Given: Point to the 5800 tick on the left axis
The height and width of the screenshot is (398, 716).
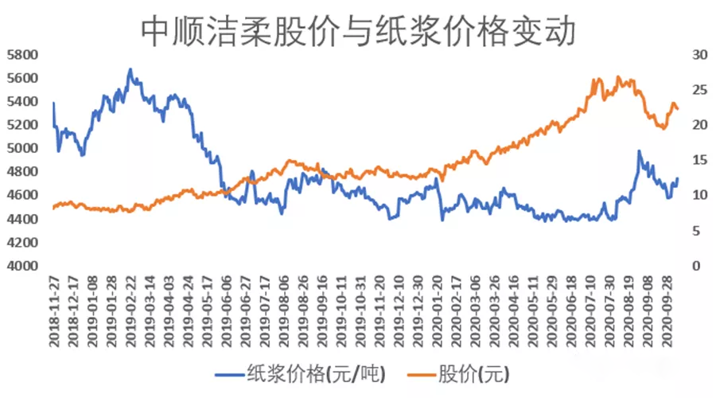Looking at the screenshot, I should click(x=22, y=55).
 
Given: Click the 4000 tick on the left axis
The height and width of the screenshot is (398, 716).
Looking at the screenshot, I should click(x=22, y=266).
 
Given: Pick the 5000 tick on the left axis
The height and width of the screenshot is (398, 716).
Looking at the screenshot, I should click(x=22, y=148).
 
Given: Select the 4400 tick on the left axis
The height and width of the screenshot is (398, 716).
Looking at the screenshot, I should click(x=22, y=219).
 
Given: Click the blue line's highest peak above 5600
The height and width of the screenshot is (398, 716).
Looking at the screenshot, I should click(x=130, y=69).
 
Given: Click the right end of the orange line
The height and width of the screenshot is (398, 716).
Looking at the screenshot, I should click(x=677, y=109).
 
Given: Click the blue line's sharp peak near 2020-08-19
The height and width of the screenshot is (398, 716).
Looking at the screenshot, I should click(x=638, y=150).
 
